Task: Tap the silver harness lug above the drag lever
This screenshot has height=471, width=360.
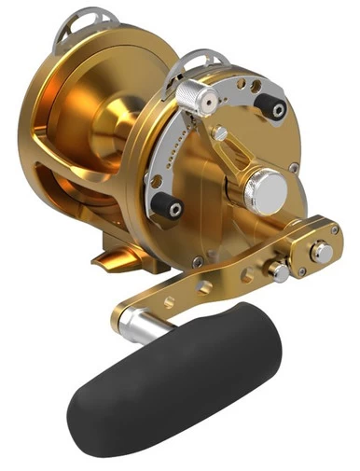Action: (199, 62)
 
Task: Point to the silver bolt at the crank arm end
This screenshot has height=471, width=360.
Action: (320, 252)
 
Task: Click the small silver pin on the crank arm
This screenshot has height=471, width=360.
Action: (276, 271)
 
